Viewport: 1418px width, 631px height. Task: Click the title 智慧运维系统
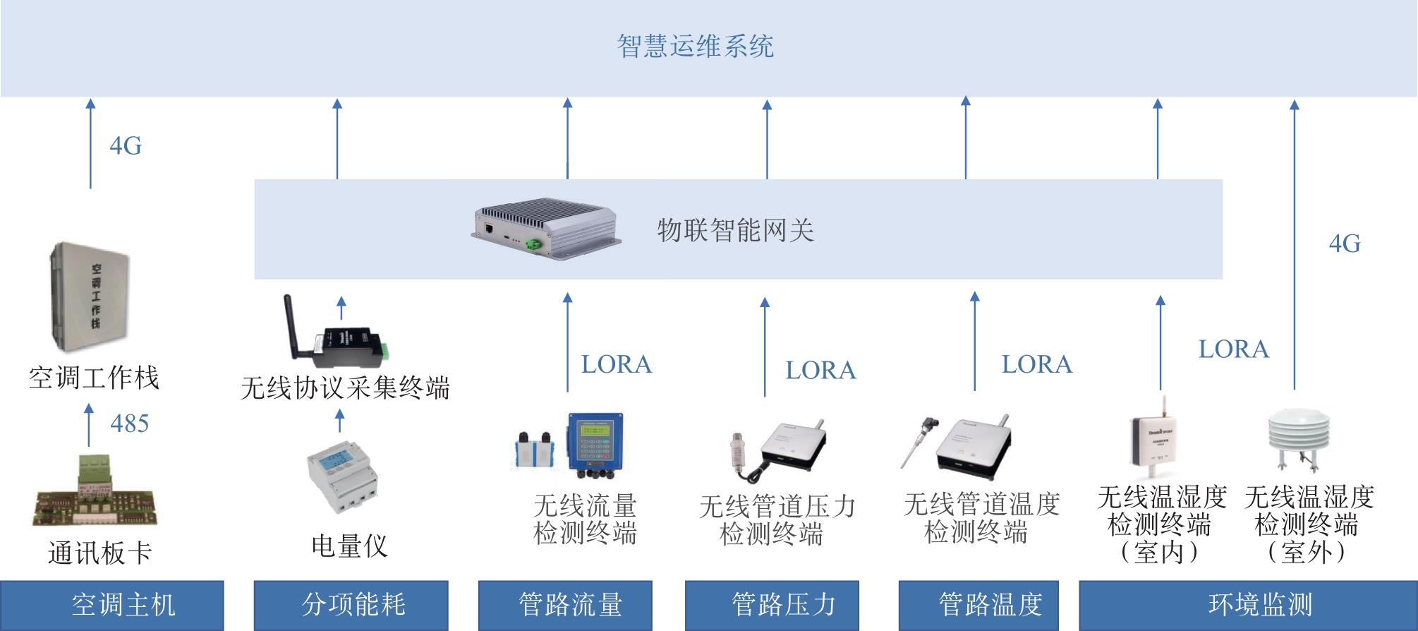point(695,47)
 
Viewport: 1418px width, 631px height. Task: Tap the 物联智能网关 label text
point(736,230)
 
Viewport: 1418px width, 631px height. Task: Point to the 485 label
point(130,423)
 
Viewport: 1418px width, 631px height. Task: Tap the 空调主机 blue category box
point(112,605)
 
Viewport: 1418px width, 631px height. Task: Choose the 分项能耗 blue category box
point(351,605)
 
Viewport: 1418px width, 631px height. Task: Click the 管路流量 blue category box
point(565,605)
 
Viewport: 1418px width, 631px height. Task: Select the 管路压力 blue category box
point(772,605)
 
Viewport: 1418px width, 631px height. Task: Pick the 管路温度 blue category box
point(978,605)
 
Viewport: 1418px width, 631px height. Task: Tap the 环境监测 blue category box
point(1248,605)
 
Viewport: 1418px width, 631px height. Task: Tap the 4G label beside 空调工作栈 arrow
point(126,146)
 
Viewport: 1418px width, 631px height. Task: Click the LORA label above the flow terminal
point(617,364)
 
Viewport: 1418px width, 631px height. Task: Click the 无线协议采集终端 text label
point(345,387)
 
